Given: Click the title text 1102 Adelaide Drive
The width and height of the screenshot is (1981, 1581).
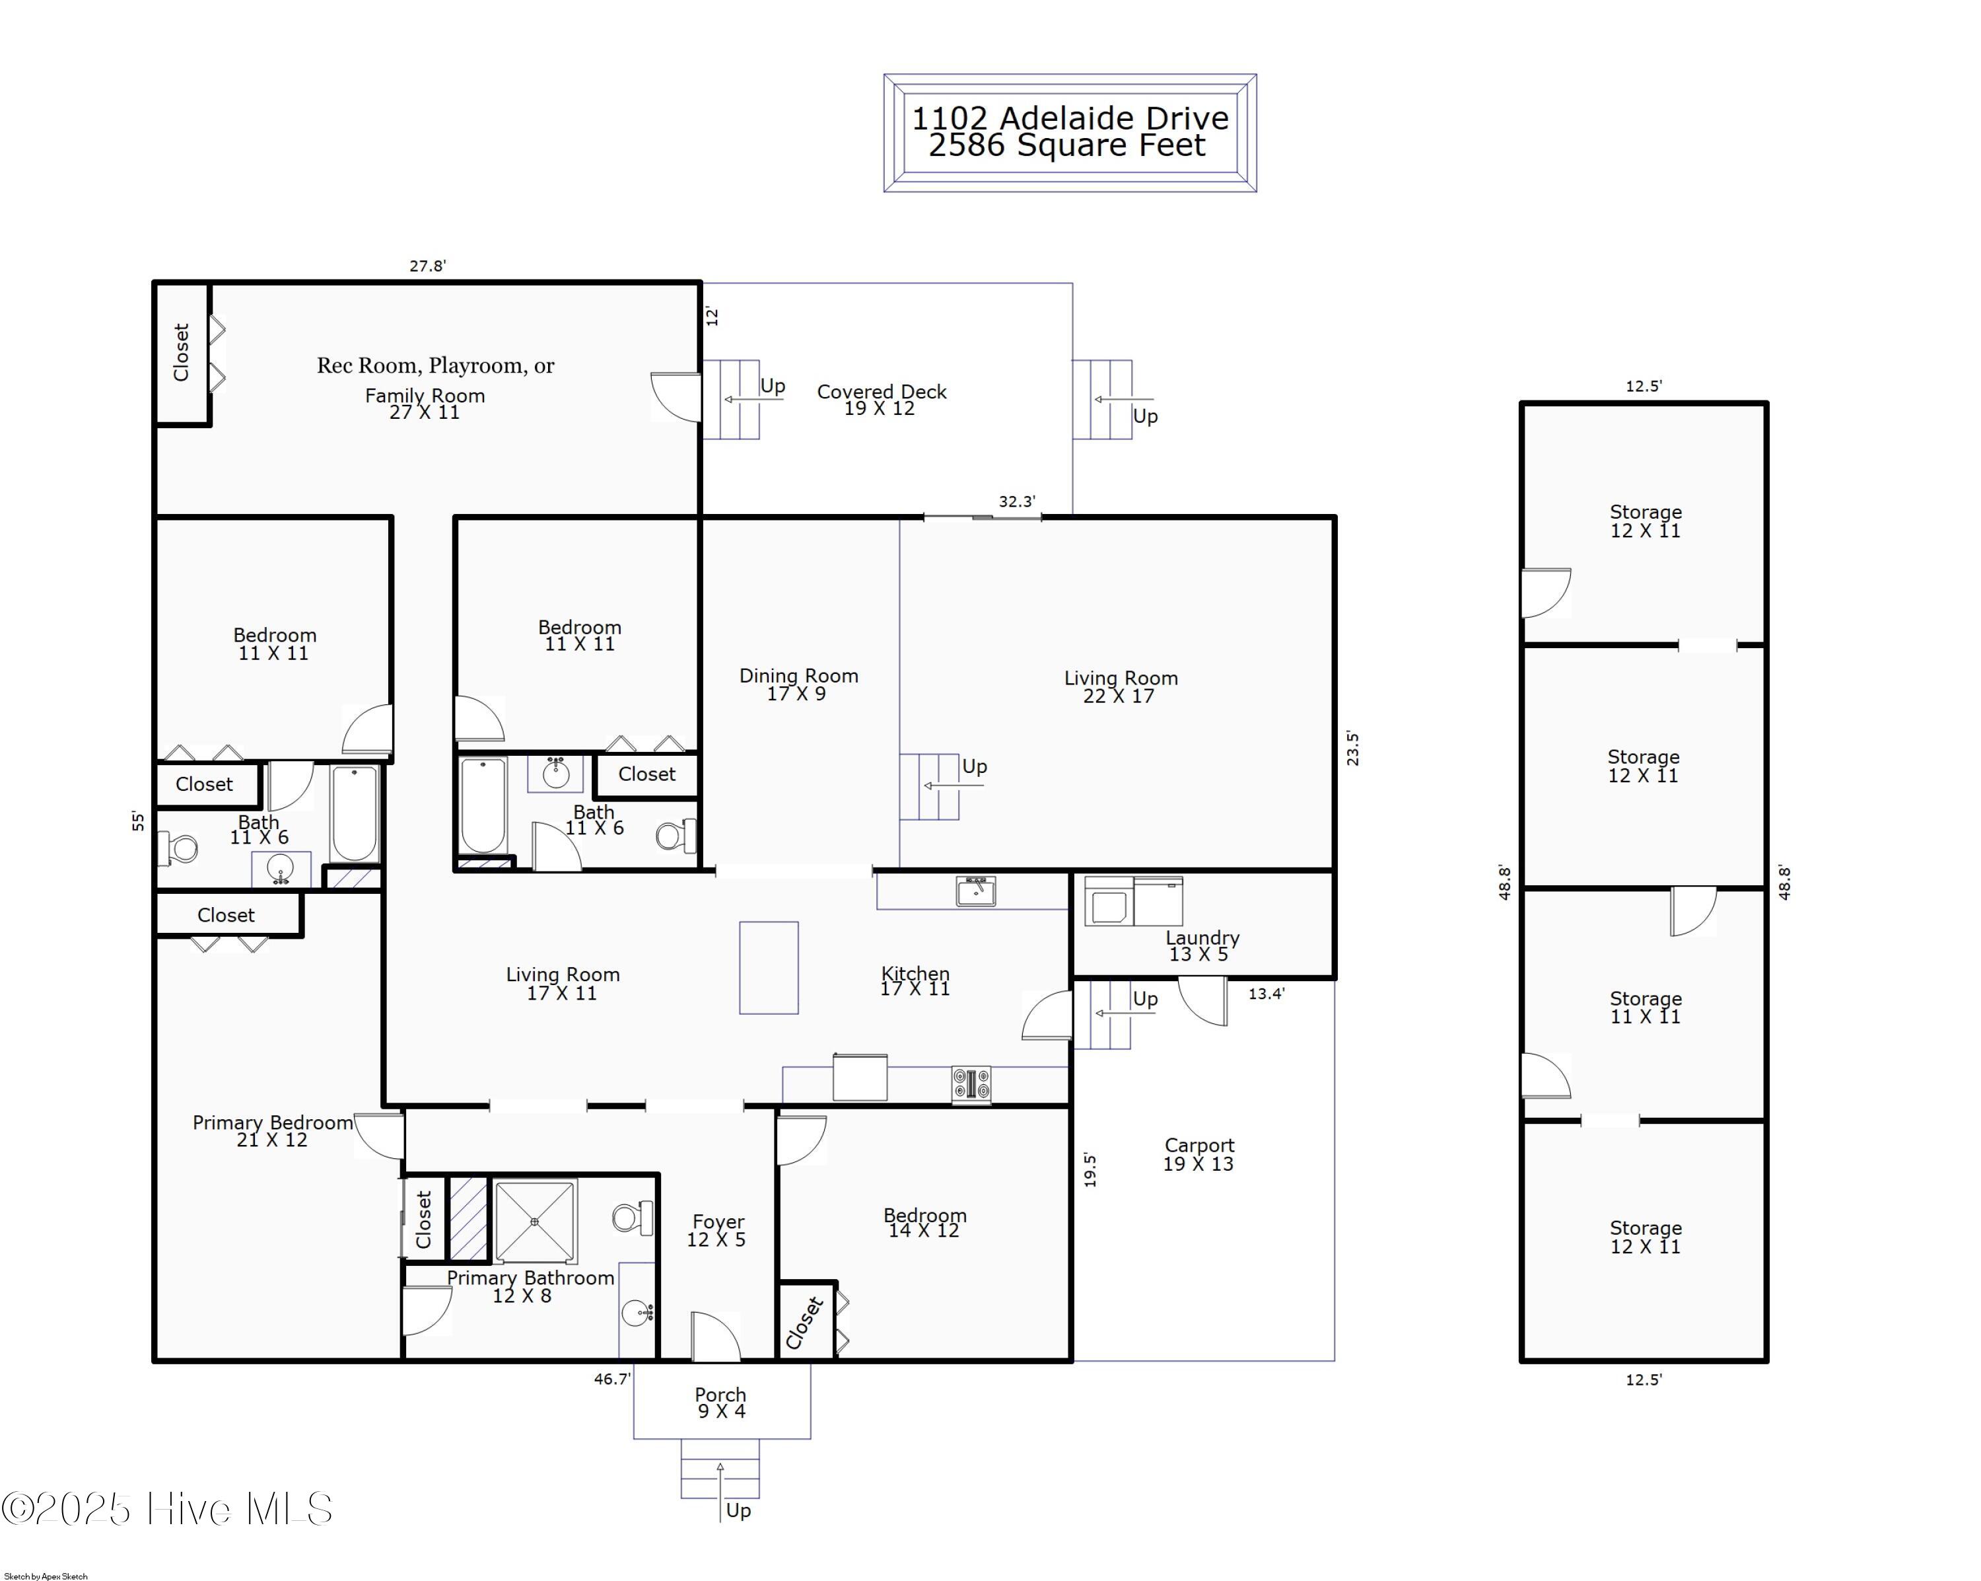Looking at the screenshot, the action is (x=1070, y=118).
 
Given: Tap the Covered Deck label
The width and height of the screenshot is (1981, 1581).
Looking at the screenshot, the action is (x=881, y=400).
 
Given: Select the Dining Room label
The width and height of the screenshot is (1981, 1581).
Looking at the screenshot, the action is (x=798, y=684).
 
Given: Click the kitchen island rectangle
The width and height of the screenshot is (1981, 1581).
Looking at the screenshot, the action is (x=769, y=968).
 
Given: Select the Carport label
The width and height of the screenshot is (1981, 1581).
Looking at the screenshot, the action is (x=1199, y=1154).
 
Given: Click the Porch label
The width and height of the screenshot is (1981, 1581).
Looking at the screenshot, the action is (x=721, y=1403).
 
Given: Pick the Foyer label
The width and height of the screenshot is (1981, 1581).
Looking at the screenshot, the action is (x=718, y=1230).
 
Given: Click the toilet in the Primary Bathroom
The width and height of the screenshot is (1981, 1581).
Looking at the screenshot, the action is (x=632, y=1218).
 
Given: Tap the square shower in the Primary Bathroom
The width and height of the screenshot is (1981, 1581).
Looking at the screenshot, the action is (x=536, y=1222).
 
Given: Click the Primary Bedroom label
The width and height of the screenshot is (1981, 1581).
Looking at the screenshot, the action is (x=272, y=1130).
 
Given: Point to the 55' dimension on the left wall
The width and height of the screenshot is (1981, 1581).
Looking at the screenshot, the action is (x=138, y=821).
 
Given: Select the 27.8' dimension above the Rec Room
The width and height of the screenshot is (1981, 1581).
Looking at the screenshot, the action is (x=427, y=266).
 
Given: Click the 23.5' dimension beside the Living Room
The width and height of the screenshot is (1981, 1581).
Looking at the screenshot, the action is (x=1352, y=749).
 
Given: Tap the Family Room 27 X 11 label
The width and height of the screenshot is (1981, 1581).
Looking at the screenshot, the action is (x=425, y=404).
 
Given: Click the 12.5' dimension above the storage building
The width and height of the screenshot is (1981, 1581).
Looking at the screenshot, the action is (x=1644, y=386).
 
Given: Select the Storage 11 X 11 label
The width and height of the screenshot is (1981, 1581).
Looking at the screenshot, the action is (x=1646, y=1008).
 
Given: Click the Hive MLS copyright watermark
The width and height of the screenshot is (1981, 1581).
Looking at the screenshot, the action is (x=167, y=1509).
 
